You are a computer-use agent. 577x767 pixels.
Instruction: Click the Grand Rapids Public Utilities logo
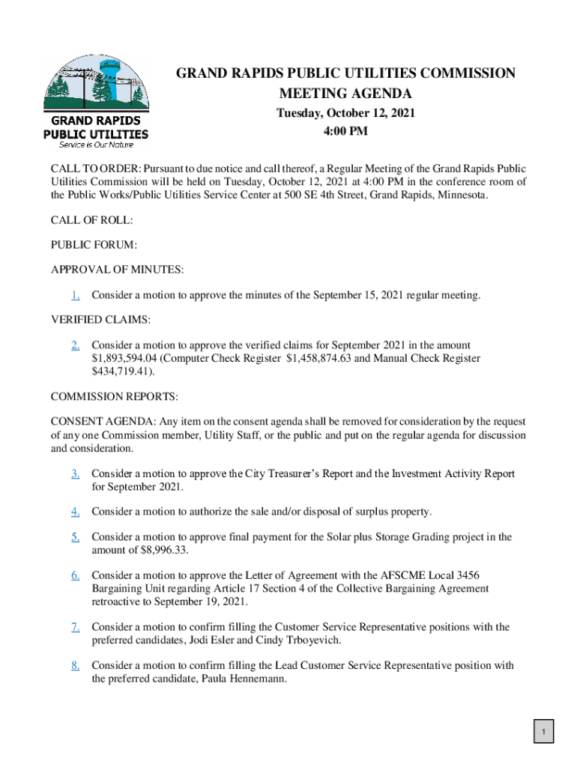pyautogui.click(x=95, y=101)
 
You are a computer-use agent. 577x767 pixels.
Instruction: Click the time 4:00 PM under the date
pyautogui.click(x=345, y=132)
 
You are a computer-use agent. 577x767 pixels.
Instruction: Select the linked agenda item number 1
pyautogui.click(x=76, y=295)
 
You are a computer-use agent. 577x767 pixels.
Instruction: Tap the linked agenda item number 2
pyautogui.click(x=76, y=345)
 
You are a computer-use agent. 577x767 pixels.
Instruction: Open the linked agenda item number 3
pyautogui.click(x=76, y=473)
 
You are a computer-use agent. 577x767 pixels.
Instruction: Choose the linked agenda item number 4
pyautogui.click(x=76, y=512)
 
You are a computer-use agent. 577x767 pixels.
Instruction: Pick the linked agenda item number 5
pyautogui.click(x=76, y=537)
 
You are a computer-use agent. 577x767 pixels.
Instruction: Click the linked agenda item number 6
pyautogui.click(x=76, y=575)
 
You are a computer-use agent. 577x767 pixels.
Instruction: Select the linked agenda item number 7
pyautogui.click(x=76, y=627)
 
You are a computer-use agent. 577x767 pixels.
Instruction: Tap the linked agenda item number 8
pyautogui.click(x=76, y=665)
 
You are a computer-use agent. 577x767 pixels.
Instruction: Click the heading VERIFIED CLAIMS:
pyautogui.click(x=100, y=320)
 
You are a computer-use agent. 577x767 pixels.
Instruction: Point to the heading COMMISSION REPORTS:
pyautogui.click(x=114, y=396)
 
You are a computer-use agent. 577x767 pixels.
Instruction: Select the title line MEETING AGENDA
pyautogui.click(x=345, y=94)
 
